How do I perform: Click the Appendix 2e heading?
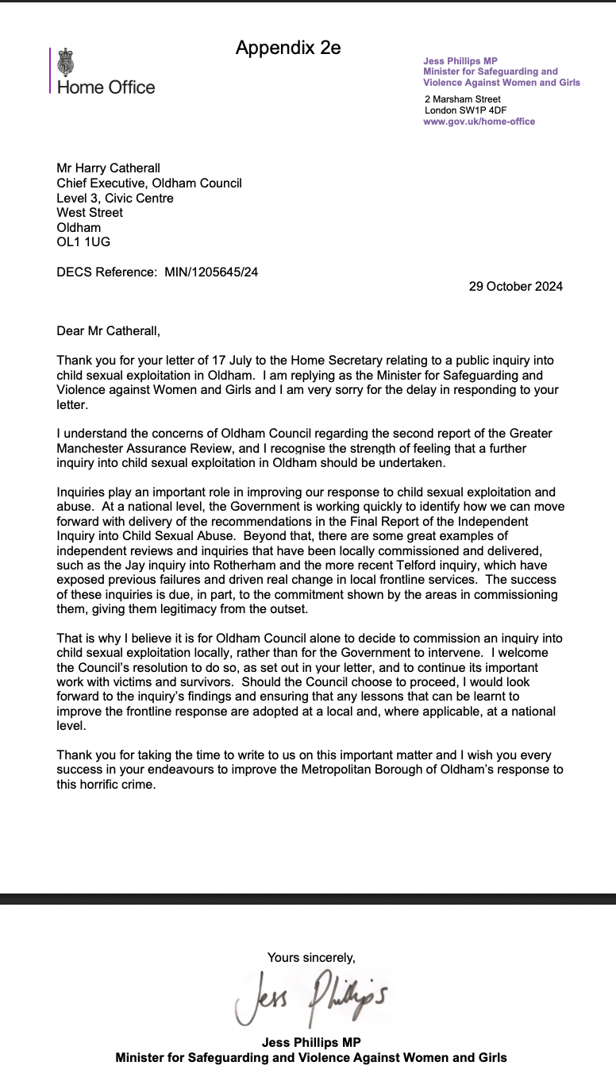288,48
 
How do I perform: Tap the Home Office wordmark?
106,87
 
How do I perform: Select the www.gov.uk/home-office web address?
479,122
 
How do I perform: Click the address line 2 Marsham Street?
463,99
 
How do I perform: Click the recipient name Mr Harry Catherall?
108,168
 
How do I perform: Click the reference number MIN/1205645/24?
211,272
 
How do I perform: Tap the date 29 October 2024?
515,287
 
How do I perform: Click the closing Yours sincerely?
311,957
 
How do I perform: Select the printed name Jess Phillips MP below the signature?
311,1042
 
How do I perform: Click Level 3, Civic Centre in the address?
114,198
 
